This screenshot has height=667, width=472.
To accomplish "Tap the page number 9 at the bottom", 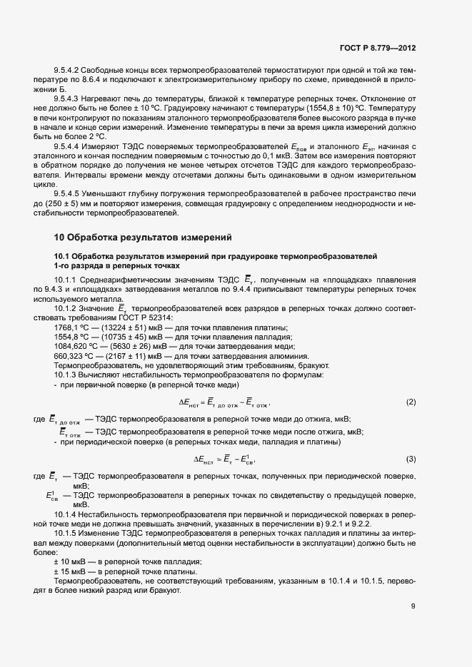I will [413, 608].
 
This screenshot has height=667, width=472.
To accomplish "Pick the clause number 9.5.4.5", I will [69, 193].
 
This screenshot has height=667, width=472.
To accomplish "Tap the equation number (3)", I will [411, 458].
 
